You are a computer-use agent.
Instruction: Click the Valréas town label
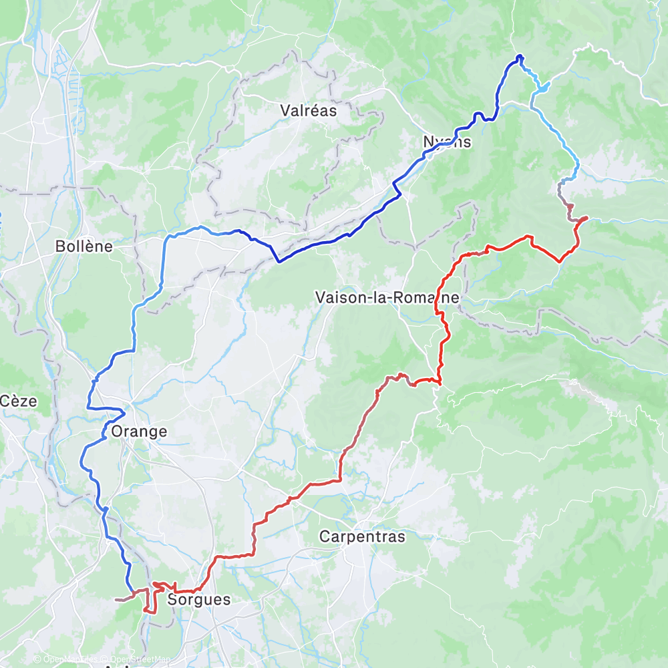(x=309, y=110)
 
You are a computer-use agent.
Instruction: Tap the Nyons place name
(x=447, y=142)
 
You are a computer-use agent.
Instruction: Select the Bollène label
(x=83, y=246)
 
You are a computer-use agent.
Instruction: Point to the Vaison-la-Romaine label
(x=388, y=298)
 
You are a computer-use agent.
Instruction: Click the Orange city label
(x=139, y=432)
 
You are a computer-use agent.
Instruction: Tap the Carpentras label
(x=362, y=536)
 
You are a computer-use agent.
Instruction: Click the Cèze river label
(x=18, y=401)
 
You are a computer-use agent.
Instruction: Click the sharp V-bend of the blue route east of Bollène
(x=278, y=261)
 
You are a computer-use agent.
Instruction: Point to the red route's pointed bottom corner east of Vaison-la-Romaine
(x=560, y=261)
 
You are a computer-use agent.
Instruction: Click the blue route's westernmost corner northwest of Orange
(x=88, y=407)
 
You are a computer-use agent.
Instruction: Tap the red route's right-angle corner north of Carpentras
(x=340, y=480)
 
